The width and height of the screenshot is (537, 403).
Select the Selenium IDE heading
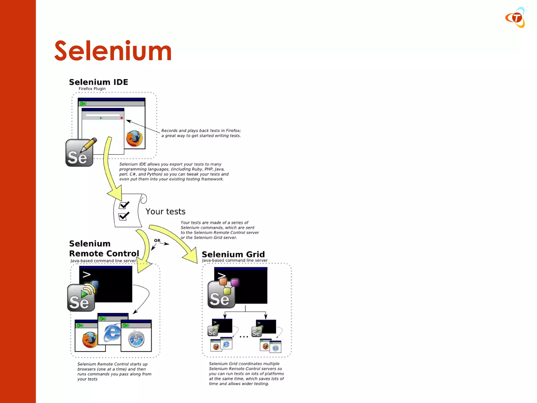pyautogui.click(x=98, y=82)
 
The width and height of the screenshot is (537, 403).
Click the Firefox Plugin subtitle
pyautogui.click(x=92, y=89)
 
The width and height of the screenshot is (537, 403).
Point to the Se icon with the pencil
pyautogui.click(x=79, y=153)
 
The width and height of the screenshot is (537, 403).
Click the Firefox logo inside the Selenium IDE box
pyautogui.click(x=135, y=139)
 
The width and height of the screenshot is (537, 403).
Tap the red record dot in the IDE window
pyautogui.click(x=122, y=118)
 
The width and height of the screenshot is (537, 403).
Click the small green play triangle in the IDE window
pyautogui.click(x=101, y=118)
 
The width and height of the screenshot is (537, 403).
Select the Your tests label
pyautogui.click(x=165, y=211)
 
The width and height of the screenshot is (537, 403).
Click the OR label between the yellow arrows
pyautogui.click(x=157, y=241)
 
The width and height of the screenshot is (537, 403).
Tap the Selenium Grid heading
pyautogui.click(x=233, y=254)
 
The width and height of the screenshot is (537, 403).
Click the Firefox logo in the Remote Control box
pyautogui.click(x=90, y=340)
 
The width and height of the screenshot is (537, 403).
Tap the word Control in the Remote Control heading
pyautogui.click(x=122, y=253)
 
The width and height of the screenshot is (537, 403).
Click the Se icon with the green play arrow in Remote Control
pyautogui.click(x=81, y=298)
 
